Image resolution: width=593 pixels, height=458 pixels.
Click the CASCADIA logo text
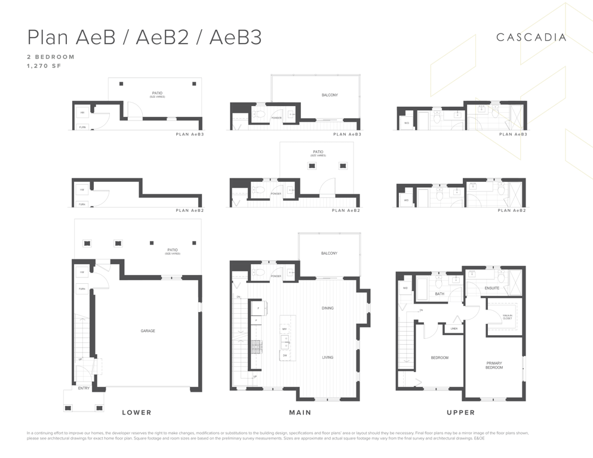pos(531,37)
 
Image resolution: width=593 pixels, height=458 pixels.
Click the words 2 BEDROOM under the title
pos(51,57)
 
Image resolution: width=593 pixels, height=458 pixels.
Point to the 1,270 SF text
pos(44,66)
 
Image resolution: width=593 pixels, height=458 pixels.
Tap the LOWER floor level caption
pos(137,412)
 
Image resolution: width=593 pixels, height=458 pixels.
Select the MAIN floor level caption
pos(300,412)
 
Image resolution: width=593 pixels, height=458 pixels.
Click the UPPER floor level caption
pos(461,412)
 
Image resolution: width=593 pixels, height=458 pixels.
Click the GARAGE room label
pos(148,331)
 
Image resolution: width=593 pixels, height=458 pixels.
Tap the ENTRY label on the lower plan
pos(84,388)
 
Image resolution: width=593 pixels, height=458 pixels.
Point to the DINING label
pos(327,308)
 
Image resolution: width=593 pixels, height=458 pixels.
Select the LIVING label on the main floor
pos(327,357)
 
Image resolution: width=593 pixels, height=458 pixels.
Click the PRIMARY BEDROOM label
pos(494,365)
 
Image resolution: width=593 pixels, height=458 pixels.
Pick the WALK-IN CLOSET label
pos(507,317)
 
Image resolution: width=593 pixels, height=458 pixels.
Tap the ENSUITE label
pos(491,288)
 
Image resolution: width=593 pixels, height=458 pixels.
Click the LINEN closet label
pos(454,328)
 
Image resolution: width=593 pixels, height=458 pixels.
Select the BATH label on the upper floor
pos(440,293)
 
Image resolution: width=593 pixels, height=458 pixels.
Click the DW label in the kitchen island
pos(285,355)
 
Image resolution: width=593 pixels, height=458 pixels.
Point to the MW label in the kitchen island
pos(285,329)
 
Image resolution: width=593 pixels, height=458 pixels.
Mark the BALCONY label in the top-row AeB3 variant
pos(330,95)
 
